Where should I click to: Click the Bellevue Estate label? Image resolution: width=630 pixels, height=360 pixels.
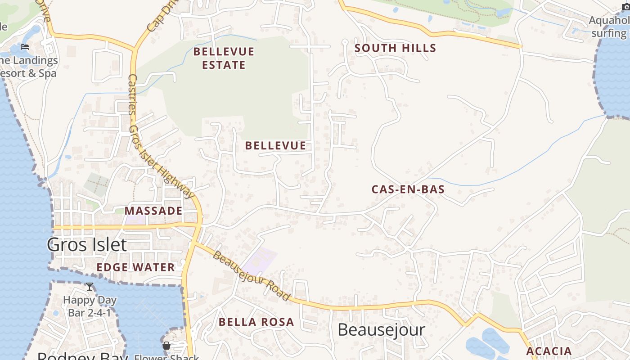[x=224, y=58]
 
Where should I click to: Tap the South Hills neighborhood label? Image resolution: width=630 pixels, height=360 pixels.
[x=395, y=48]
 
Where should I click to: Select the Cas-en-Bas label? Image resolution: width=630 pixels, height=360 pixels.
[x=408, y=189]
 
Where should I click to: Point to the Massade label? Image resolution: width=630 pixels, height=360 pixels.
[x=153, y=211]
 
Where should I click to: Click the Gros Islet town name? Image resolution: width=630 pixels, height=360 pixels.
[x=87, y=245]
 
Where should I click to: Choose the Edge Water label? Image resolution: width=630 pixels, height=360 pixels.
[x=135, y=267]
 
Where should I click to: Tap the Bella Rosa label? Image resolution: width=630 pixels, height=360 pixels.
[x=256, y=322]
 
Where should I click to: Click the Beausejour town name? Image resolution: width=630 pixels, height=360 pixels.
[x=381, y=330]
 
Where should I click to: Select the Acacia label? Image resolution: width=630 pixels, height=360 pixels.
[x=549, y=351]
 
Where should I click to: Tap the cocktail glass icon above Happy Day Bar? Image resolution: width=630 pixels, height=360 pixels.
[x=90, y=287]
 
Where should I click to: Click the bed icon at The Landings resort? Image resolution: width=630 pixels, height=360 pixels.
[x=25, y=47]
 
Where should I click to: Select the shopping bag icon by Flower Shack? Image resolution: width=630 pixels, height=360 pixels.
[x=166, y=346]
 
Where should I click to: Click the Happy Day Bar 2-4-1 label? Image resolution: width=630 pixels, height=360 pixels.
[x=90, y=306]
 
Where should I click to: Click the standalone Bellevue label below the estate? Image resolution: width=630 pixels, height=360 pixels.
[x=275, y=145]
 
